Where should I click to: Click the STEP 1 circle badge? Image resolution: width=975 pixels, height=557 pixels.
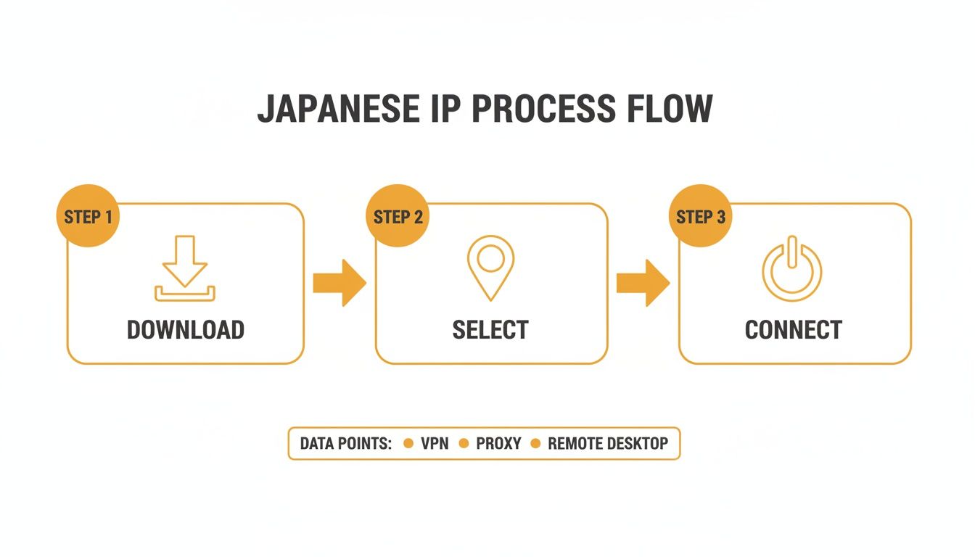pos(87,217)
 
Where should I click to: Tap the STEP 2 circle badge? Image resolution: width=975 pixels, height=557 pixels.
pos(397,217)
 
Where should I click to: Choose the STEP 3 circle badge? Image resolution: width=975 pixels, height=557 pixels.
pos(700,217)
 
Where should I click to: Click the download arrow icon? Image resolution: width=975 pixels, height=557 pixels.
pos(185,268)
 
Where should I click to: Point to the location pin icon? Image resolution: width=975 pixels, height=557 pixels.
pos(490,266)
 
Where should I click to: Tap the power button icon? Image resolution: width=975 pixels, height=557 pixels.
pos(792,268)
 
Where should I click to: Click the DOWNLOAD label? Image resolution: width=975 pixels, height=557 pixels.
pos(185,330)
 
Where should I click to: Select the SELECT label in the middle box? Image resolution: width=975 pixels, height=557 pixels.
pos(490,330)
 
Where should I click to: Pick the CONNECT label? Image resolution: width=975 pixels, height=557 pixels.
pos(793,330)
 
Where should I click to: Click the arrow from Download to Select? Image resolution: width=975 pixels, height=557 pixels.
pos(340,283)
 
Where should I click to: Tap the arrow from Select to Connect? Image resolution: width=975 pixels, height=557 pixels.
pos(643,283)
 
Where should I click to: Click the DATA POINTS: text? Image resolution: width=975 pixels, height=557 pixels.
pos(346,444)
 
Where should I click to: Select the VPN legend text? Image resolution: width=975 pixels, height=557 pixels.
pos(435,444)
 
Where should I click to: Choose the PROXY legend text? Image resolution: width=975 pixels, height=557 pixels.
pos(498,444)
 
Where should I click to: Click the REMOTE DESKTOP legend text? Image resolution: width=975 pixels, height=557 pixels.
pos(608,444)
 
